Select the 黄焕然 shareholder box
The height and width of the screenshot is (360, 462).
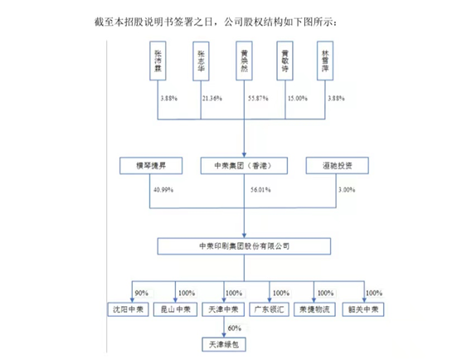tap(242, 64)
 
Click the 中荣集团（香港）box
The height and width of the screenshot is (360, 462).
tap(242, 165)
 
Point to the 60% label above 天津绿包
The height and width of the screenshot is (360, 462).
tap(235, 327)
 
